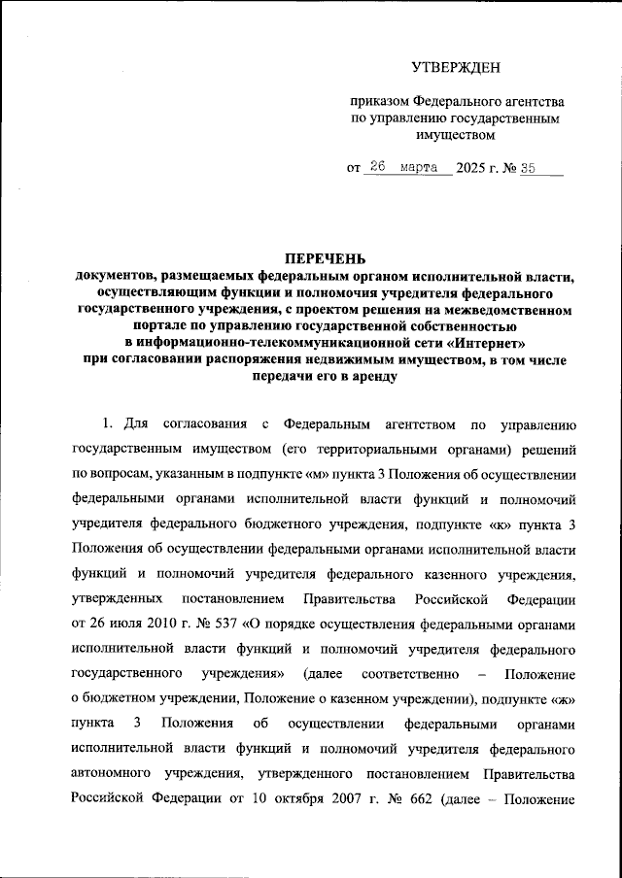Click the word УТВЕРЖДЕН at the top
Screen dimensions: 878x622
(455, 66)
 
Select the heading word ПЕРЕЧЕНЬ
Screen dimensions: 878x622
(325, 258)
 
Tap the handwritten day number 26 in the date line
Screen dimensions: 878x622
(379, 167)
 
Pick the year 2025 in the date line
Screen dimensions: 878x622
(472, 168)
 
